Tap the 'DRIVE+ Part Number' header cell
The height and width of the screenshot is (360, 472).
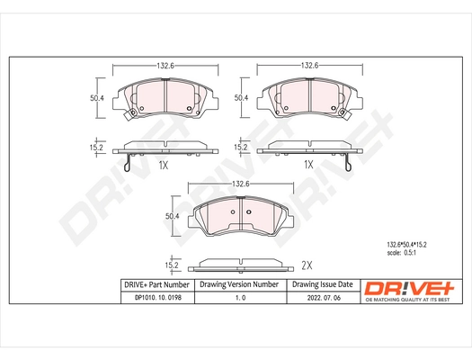point(149,284)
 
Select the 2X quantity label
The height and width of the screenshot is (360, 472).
point(306,265)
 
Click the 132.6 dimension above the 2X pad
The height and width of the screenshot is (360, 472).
point(240,184)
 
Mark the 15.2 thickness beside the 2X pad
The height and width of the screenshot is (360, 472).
point(171,265)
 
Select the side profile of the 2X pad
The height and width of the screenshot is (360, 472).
point(240,264)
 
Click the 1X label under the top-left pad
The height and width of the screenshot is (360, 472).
point(163,165)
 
